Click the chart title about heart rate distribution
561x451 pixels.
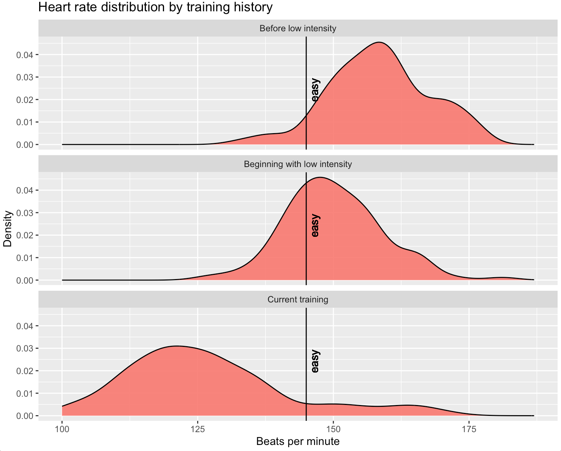pyautogui.click(x=155, y=7)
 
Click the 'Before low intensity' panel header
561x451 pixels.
pyautogui.click(x=298, y=29)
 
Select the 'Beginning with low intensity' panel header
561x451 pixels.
pyautogui.click(x=298, y=164)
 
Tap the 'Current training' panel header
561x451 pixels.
pyautogui.click(x=298, y=300)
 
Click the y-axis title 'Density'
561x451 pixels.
pyautogui.click(x=8, y=229)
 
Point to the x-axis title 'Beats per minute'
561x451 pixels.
pyautogui.click(x=298, y=442)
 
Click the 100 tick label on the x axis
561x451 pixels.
pyautogui.click(x=62, y=429)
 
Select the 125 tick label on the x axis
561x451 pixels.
pyautogui.click(x=198, y=429)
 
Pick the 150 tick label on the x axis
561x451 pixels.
pyautogui.click(x=333, y=429)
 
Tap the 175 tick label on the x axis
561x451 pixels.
pyautogui.click(x=469, y=429)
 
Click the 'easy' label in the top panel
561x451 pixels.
pyautogui.click(x=315, y=90)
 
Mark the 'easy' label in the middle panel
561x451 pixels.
pyautogui.click(x=315, y=226)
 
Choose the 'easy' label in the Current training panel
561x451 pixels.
pyautogui.click(x=315, y=361)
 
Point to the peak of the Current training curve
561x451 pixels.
pyautogui.click(x=176, y=346)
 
